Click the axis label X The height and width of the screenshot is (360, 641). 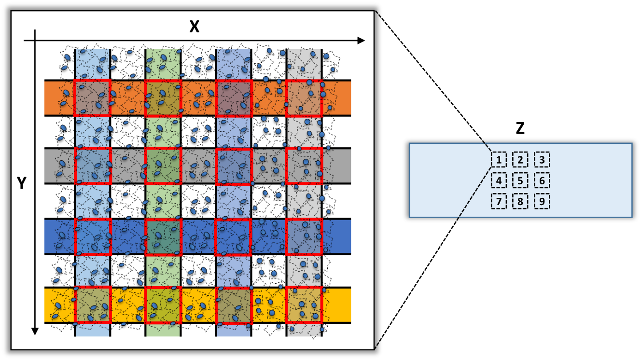[194, 28]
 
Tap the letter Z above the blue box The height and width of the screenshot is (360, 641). [520, 128]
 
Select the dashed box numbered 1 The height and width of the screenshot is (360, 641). [499, 160]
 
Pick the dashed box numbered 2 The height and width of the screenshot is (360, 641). [520, 160]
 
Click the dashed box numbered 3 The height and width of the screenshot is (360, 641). [542, 160]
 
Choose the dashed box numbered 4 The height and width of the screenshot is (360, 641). [499, 181]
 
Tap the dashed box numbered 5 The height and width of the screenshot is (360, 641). [520, 181]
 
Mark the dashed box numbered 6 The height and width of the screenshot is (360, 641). [542, 181]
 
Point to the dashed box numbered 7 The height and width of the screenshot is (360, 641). [499, 201]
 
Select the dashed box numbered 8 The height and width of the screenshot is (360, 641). [520, 201]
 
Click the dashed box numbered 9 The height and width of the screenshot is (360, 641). [542, 201]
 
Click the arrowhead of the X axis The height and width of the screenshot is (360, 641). [361, 41]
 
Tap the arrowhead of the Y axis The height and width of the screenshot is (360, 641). [35, 331]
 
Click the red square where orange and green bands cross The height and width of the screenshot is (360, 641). [163, 98]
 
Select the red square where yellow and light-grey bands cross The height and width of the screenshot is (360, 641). [304, 305]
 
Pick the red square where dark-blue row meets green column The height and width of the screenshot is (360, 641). [163, 236]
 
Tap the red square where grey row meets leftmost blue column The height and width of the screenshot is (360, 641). [93, 166]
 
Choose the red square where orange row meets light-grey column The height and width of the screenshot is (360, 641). [304, 98]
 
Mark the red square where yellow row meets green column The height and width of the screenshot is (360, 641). [163, 305]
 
